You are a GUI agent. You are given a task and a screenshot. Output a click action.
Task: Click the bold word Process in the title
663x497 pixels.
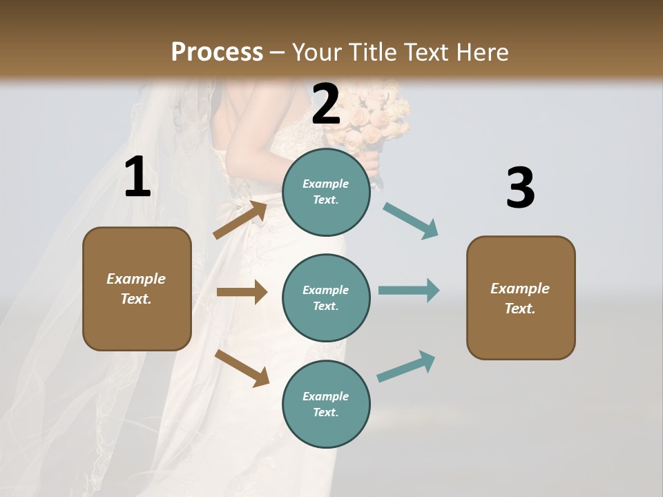coord(217,52)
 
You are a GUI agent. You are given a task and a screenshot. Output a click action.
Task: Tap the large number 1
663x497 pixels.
coord(137,177)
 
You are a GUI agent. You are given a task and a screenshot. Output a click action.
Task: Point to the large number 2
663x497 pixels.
coord(326,104)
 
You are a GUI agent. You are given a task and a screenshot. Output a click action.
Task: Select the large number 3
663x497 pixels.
coord(520,188)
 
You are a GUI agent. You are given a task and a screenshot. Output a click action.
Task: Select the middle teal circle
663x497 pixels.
coord(326,298)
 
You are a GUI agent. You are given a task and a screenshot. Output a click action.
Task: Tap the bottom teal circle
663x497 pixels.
coord(326,404)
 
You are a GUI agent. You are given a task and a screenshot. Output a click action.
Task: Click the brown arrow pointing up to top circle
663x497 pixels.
coord(240,220)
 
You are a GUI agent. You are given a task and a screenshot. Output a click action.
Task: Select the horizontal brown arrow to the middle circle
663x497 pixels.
coord(242,292)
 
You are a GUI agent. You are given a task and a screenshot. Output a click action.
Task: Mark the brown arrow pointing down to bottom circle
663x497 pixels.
coord(242,367)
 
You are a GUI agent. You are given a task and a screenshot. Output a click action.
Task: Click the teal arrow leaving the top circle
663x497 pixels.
coord(411,220)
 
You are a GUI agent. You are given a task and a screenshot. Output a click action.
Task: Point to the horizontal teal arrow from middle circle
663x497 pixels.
coord(409,290)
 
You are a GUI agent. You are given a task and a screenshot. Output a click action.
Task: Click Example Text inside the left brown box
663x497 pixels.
coord(137,289)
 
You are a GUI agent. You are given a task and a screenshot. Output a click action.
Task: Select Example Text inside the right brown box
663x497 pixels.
coord(520,298)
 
